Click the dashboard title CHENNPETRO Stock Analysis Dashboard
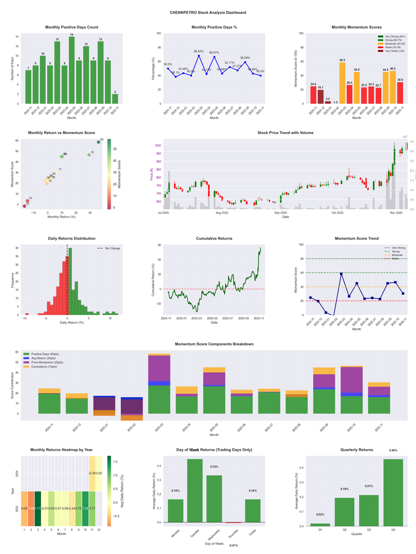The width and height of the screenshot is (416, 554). (x=208, y=12)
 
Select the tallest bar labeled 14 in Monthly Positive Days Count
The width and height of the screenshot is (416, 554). (x=72, y=70)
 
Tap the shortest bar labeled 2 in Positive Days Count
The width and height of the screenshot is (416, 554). (x=115, y=99)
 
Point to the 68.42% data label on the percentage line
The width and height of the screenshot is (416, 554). (x=199, y=51)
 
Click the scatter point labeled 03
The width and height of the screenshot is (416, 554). (x=98, y=142)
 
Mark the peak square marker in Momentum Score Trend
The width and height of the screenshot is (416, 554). (x=342, y=274)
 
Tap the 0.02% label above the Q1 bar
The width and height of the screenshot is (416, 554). (x=321, y=515)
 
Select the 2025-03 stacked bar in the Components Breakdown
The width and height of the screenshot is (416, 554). (x=159, y=385)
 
